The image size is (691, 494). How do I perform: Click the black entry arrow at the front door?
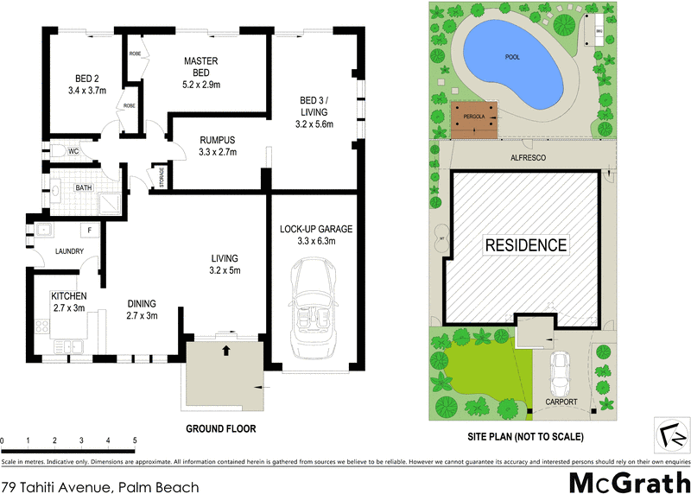[226, 351]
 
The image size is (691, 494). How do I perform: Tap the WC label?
[74, 151]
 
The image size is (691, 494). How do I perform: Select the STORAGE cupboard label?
[162, 177]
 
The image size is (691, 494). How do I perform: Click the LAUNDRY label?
[68, 251]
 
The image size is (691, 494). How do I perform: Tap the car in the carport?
[561, 369]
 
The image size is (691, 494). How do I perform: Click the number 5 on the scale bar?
[135, 440]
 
